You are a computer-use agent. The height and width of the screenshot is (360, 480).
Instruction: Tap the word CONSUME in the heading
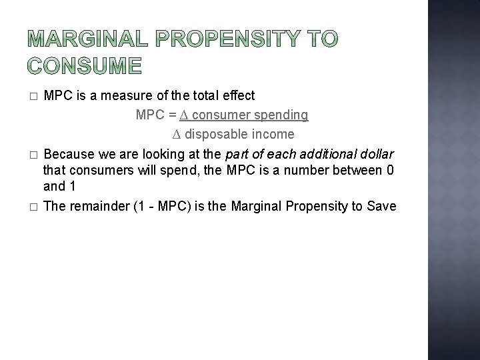85,66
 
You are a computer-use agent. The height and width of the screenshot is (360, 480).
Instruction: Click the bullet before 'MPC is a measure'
33,97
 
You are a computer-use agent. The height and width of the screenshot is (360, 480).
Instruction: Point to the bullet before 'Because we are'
33,155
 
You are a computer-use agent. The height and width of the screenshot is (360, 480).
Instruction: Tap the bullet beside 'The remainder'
33,207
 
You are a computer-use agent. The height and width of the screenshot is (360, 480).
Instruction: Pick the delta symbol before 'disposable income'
177,135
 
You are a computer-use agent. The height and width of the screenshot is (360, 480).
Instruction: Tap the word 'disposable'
213,135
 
